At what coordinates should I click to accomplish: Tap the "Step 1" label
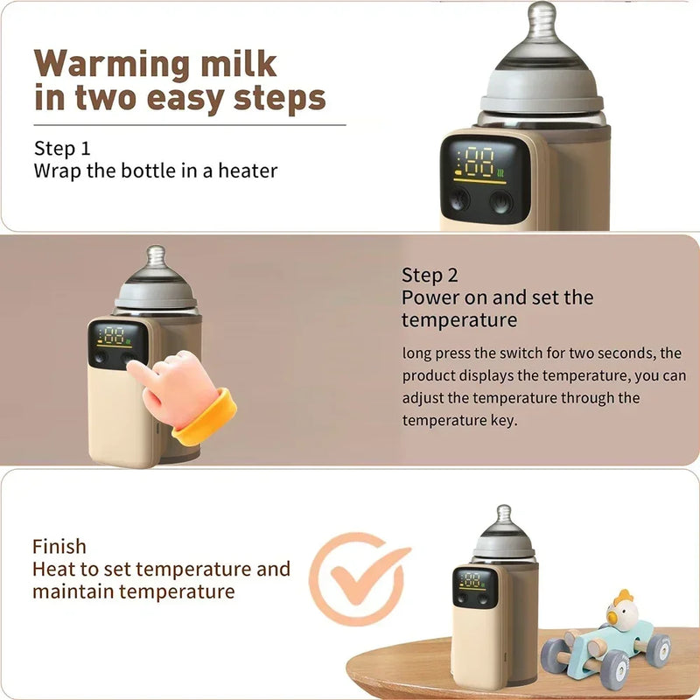[x=62, y=148]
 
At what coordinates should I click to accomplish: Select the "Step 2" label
[x=430, y=276]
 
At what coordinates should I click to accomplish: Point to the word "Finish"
[x=59, y=547]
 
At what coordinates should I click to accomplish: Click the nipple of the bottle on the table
[x=503, y=516]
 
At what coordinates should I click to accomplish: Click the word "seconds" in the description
[x=628, y=353]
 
